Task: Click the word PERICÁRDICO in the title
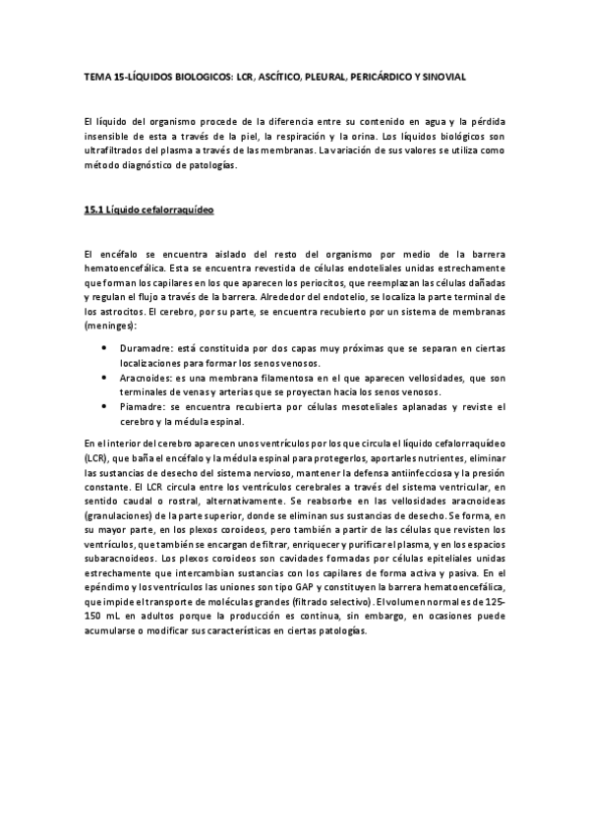[383, 75]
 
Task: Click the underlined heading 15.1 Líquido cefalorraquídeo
[148, 210]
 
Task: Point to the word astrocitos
[121, 310]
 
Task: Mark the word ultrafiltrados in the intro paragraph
[115, 150]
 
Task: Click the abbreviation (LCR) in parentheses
[98, 459]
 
